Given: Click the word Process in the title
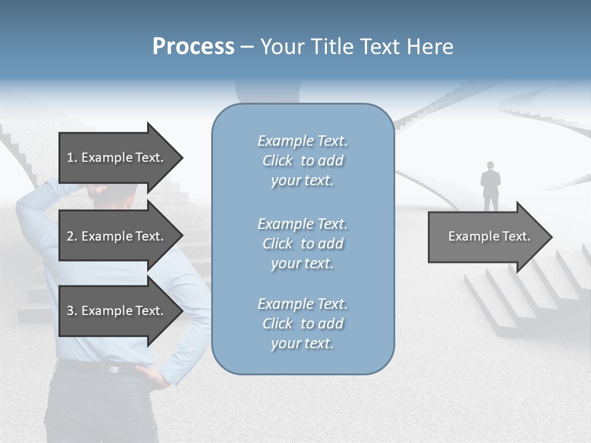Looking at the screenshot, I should click(x=193, y=47).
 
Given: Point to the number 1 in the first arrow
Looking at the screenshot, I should click(x=70, y=158).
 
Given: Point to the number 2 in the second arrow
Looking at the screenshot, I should click(x=70, y=236).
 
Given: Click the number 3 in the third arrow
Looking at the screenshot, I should click(x=70, y=311).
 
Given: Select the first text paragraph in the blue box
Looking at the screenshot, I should click(x=302, y=161).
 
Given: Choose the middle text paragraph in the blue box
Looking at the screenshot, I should click(x=302, y=244).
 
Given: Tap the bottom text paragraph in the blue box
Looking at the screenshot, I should click(x=302, y=324).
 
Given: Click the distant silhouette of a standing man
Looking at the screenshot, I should click(x=491, y=188).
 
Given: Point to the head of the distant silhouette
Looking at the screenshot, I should click(x=491, y=166).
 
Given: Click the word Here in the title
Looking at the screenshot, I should click(x=431, y=47).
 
